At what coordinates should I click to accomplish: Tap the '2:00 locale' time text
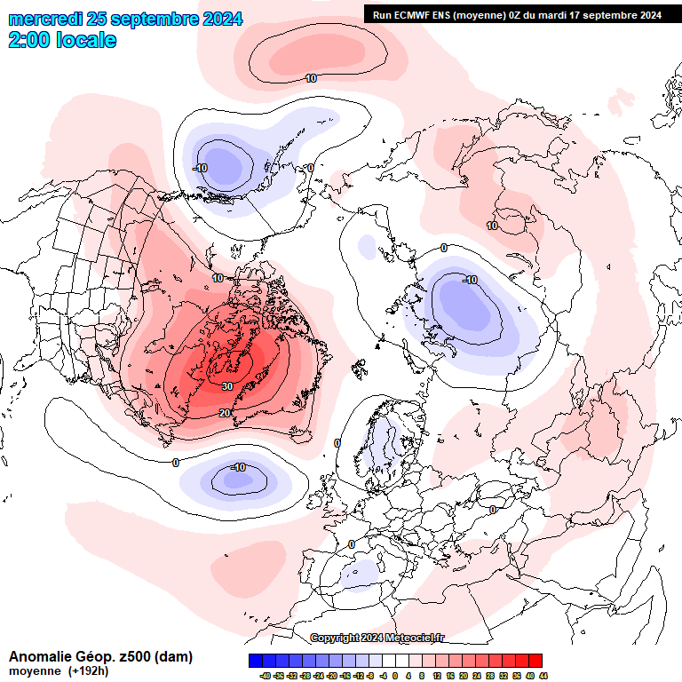coord(62,40)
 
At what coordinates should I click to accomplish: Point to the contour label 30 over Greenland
coord(227,386)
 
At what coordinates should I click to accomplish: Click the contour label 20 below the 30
coord(225,413)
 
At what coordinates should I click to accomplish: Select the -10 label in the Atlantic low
coord(237,467)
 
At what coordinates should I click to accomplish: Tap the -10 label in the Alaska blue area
coord(200,168)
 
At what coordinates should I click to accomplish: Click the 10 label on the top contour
coord(311,78)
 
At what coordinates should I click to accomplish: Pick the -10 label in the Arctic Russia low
coord(470,280)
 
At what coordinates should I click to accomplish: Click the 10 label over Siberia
coord(492,226)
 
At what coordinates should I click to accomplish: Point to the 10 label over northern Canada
coord(218,279)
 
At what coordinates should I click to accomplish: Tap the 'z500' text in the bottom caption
coord(132,657)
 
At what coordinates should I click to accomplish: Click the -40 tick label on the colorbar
coord(265,676)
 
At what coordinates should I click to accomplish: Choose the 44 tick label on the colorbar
coord(543,676)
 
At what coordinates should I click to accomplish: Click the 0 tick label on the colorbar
coord(395,676)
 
